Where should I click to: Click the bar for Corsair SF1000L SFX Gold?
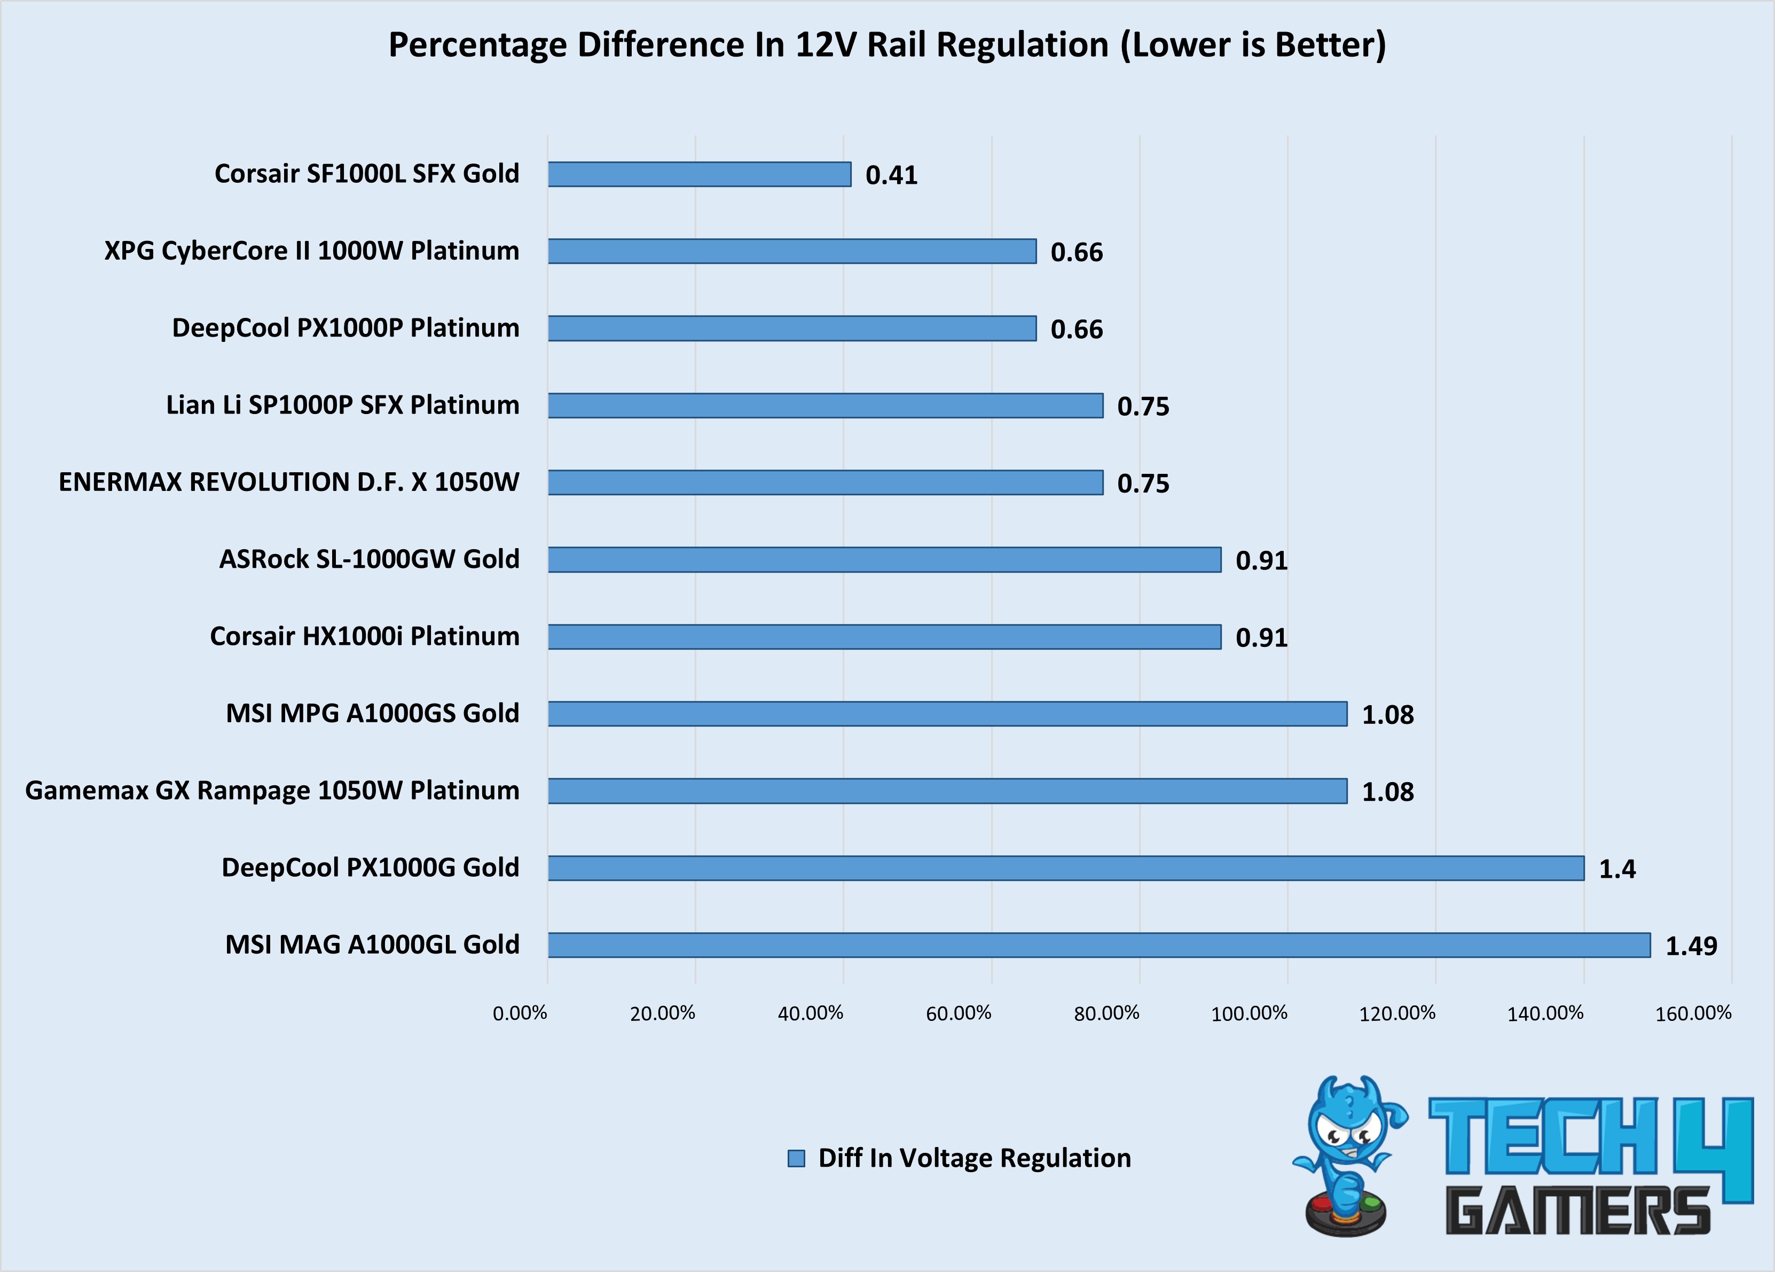[699, 174]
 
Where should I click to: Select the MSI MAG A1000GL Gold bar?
[1099, 945]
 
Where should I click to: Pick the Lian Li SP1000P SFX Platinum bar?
[825, 405]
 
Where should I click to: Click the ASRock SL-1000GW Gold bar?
[884, 560]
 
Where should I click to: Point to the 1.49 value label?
[1691, 946]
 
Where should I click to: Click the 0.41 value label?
[891, 175]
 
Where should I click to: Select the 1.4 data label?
[1617, 869]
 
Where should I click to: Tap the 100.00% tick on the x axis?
[1249, 1013]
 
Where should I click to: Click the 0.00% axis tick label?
[520, 1013]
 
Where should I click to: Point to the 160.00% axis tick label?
[1693, 1013]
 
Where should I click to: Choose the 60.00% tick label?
[958, 1013]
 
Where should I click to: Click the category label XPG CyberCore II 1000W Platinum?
[311, 251]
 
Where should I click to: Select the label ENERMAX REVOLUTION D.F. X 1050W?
[289, 481]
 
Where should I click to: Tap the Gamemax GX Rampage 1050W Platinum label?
[272, 791]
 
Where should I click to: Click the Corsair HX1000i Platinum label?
[364, 636]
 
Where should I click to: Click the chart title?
[887, 45]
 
